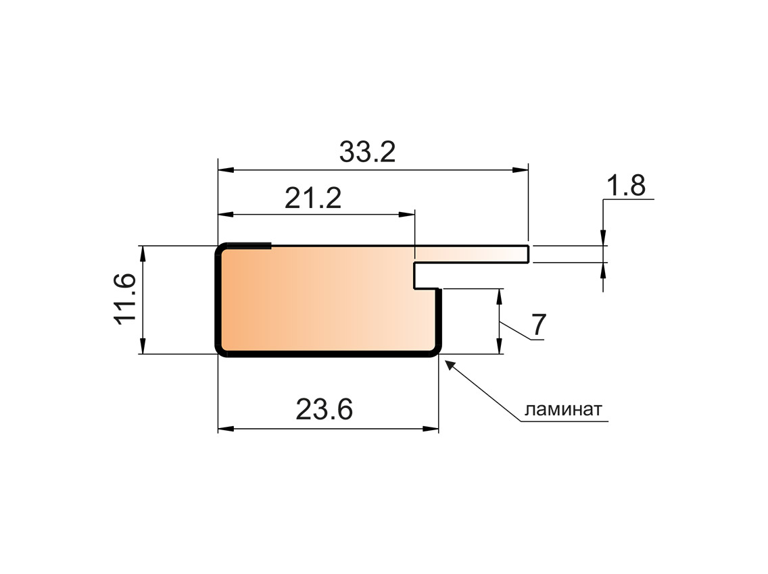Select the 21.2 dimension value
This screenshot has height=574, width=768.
(312, 199)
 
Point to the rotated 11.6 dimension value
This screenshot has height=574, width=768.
(126, 300)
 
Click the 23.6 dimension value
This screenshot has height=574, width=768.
(325, 409)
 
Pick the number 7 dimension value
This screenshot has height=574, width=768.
(537, 326)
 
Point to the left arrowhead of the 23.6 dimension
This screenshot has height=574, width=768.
(225, 429)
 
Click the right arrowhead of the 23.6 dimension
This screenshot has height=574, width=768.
(431, 429)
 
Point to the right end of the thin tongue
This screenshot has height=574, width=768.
(527, 254)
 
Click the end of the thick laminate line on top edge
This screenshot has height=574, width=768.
(270, 246)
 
